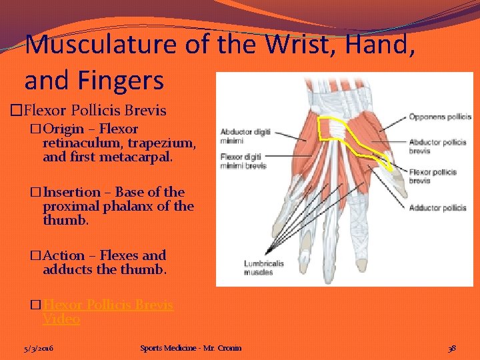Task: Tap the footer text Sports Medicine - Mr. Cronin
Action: click(x=191, y=348)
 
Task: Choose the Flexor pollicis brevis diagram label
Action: click(x=432, y=176)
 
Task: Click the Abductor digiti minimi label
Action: click(x=245, y=136)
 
